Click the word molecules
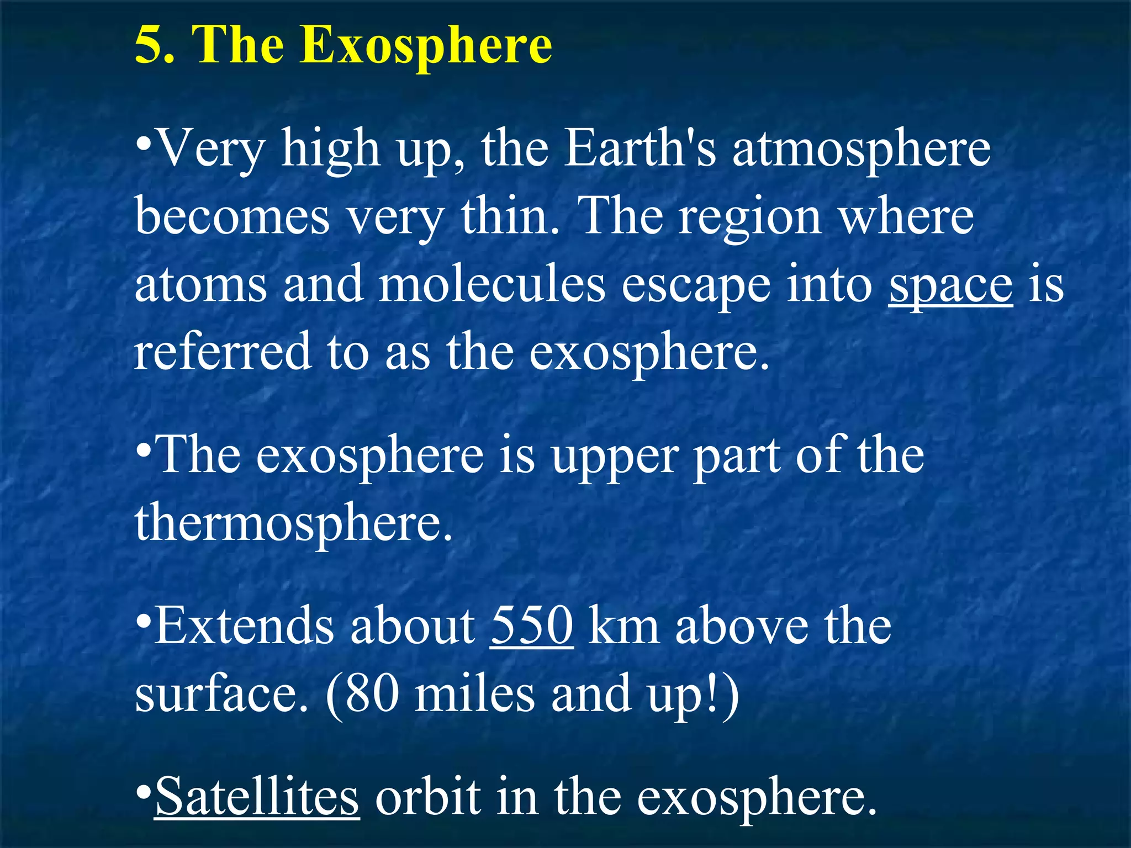coord(492,284)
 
